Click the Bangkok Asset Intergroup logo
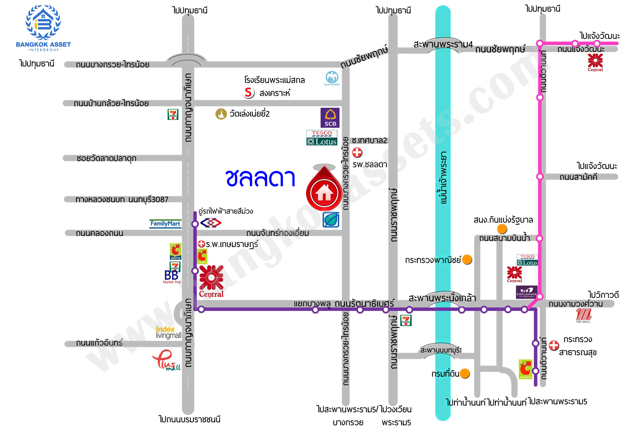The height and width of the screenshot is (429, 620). click(43, 28)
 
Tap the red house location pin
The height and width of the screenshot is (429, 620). click(324, 192)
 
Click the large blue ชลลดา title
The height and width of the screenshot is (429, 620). click(260, 178)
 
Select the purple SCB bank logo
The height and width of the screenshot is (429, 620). click(330, 117)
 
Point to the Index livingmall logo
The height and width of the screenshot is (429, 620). click(168, 332)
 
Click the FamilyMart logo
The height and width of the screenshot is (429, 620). click(165, 224)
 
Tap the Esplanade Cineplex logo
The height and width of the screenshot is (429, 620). click(527, 292)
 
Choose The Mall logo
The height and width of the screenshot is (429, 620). click(583, 316)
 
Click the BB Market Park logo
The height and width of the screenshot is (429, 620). click(172, 277)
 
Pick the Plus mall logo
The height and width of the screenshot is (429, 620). click(166, 360)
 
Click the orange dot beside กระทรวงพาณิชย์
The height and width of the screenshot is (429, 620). click(467, 259)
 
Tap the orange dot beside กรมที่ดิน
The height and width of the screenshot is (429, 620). click(465, 374)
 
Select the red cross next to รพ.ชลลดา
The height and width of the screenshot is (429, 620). click(357, 152)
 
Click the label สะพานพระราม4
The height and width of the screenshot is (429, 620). click(443, 44)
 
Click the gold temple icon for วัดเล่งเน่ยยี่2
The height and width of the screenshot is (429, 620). click(221, 114)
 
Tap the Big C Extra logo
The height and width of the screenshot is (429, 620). click(175, 251)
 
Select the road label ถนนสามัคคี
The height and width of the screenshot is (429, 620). click(578, 177)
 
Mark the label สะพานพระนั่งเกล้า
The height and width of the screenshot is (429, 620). click(442, 298)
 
